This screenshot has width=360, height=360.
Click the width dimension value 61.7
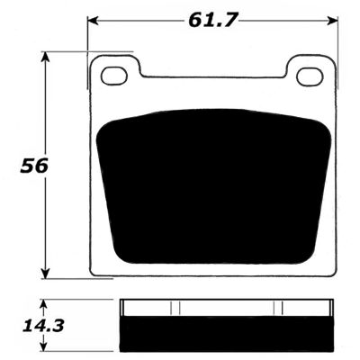click(213, 17)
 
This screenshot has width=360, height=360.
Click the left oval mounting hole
click(114, 76)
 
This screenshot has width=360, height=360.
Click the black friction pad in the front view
click(213, 184)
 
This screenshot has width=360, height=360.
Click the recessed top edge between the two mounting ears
click(213, 75)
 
